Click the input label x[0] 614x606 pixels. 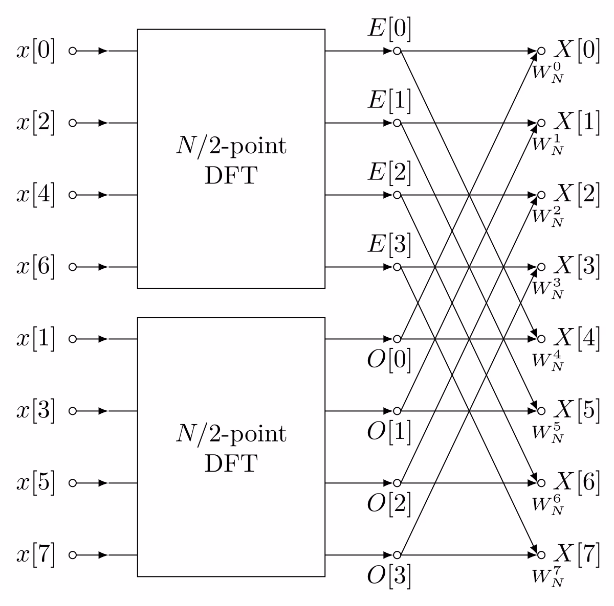[36, 52]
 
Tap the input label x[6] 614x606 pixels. [36, 267]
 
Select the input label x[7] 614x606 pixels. [36, 555]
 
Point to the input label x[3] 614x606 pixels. [36, 411]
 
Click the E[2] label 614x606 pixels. [389, 173]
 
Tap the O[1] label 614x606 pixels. [389, 432]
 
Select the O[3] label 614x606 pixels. [389, 576]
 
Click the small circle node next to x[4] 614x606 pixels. [73, 195]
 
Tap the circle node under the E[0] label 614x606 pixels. [397, 51]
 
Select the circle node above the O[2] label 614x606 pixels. [397, 483]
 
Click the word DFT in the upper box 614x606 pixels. [231, 177]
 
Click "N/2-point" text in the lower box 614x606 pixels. [231, 434]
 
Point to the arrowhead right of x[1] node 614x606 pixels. [103, 339]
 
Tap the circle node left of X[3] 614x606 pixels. [541, 267]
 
